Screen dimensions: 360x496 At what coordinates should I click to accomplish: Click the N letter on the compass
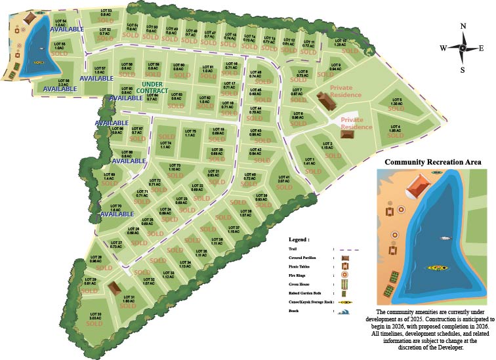463,26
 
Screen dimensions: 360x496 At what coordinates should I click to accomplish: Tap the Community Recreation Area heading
433,162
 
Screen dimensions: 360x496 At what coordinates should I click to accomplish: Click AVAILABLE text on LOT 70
117,214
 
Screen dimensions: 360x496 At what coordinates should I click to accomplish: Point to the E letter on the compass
481,48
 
